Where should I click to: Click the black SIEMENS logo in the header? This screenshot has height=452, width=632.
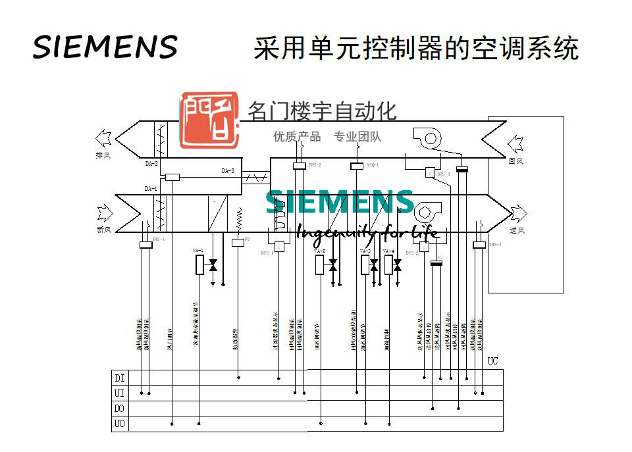(105, 47)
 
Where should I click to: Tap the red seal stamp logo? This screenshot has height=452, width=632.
(209, 119)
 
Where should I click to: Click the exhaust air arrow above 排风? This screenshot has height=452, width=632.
(104, 138)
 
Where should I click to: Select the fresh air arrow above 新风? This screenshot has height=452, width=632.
(105, 213)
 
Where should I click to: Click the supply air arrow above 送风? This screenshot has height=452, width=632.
(518, 213)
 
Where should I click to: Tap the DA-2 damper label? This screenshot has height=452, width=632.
(151, 163)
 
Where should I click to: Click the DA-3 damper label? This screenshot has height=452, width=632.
(228, 171)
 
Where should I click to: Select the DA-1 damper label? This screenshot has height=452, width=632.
(151, 189)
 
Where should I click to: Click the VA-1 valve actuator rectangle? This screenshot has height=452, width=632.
(199, 265)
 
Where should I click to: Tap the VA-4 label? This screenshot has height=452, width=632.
(389, 251)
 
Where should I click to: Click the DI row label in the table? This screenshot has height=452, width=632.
(120, 378)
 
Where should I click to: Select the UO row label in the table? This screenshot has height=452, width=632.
(120, 424)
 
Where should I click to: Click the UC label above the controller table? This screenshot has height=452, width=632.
(493, 361)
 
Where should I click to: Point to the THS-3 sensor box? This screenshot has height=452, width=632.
(479, 245)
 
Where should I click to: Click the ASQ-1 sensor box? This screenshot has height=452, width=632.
(356, 166)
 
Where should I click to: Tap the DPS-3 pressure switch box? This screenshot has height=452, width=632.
(429, 172)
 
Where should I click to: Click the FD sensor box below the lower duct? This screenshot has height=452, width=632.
(238, 243)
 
